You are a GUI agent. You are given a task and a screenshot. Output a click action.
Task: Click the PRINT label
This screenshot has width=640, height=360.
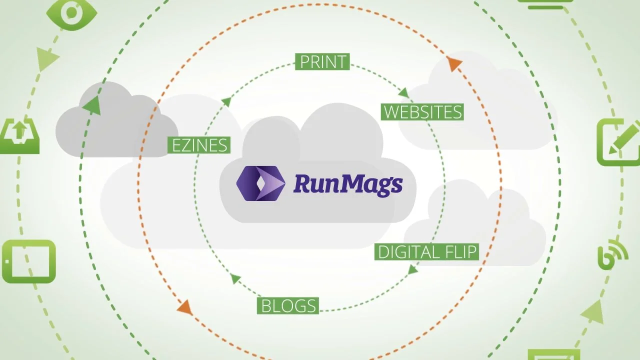pos(322,61)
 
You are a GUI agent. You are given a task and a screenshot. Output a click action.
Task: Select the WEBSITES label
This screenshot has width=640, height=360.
pos(422,111)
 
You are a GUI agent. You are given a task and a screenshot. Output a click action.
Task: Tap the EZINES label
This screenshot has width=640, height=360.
pos(199,144)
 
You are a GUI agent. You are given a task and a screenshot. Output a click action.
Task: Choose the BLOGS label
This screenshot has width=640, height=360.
pos(288,305)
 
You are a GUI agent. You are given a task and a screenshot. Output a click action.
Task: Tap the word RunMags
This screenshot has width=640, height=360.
pos(348,183)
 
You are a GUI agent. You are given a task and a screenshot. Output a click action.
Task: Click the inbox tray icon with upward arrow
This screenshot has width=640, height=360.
pos(19,135)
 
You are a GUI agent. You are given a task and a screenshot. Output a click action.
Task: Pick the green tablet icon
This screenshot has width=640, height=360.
pos(28,261)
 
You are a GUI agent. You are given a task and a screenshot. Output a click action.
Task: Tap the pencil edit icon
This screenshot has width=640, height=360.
pos(619,142)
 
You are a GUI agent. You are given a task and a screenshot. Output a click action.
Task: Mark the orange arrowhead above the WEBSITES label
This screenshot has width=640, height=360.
pos(454,64)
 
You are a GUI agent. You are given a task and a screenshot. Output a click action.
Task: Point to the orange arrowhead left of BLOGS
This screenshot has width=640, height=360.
pos(185,307)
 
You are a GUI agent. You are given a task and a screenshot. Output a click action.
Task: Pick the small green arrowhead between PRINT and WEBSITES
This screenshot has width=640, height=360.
pos(403,92)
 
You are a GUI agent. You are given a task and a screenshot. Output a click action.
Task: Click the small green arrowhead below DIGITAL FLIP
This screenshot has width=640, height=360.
pos(412,270)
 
